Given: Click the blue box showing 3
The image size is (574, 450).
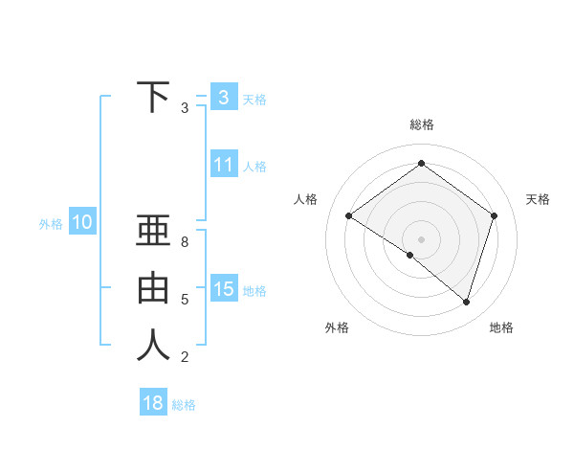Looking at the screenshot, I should pos(223,98).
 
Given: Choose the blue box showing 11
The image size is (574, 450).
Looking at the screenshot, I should pos(223,165).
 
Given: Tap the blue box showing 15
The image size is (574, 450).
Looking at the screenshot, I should pos(223,288).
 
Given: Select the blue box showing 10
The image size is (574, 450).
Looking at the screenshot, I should pos(81,223).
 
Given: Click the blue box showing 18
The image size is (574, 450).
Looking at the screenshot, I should pos(153,403).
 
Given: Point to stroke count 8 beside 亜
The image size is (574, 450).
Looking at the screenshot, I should pos(185,243).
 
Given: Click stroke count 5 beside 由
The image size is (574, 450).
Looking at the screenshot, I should pos(185,300).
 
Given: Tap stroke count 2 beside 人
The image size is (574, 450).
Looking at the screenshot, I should pos(185,357).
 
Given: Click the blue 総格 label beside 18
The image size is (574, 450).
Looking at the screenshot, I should pos(184,405).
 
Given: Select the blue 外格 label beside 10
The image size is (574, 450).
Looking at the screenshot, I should pos(51,224).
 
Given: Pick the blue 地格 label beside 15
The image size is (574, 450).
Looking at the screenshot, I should pos(254,290).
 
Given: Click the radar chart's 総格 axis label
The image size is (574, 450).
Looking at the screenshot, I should pos(421,124).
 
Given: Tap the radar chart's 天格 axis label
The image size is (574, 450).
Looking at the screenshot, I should pos(538,199).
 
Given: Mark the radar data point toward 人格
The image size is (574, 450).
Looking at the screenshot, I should pos(348,216).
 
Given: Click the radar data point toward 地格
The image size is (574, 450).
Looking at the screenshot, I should pos(466,302).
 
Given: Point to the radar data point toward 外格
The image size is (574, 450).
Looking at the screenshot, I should pos(409,255).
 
